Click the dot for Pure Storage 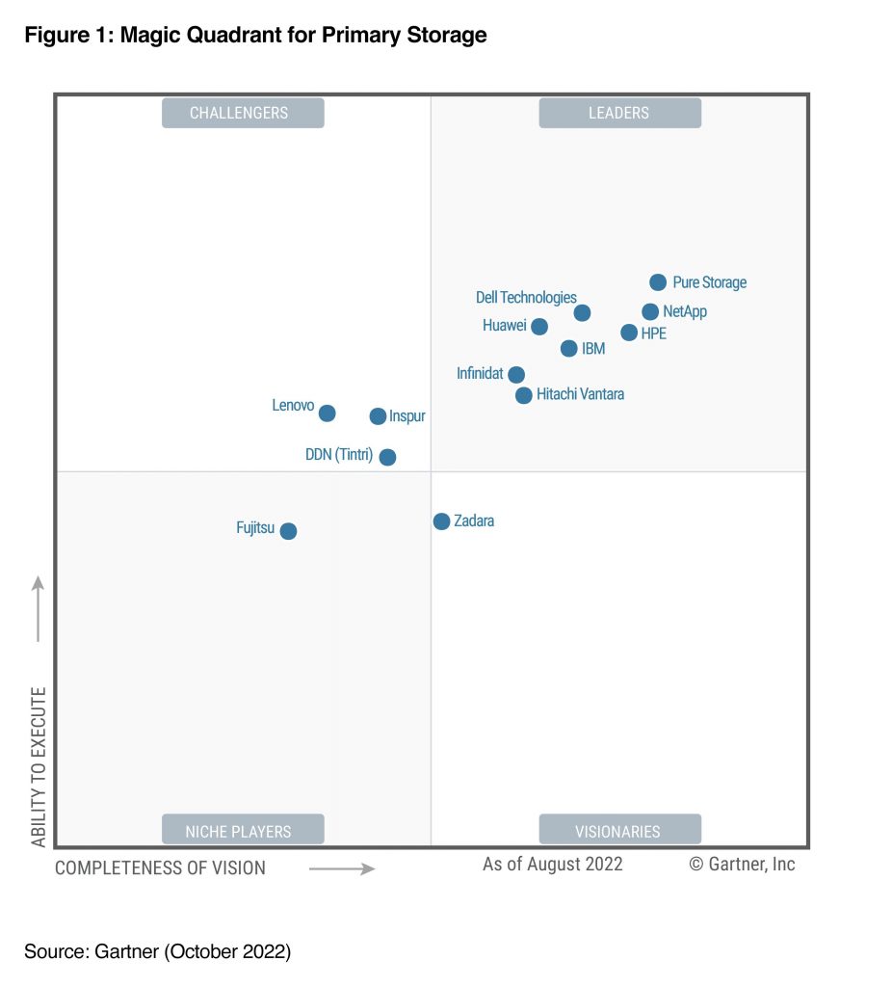[x=658, y=282]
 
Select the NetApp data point [x=650, y=311]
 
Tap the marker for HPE [x=629, y=333]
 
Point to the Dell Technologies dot [x=582, y=312]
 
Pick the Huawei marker [x=539, y=327]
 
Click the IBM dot [x=568, y=348]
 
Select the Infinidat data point [x=516, y=374]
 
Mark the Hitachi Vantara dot [x=523, y=395]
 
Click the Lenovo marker [x=327, y=413]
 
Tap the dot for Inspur [x=378, y=416]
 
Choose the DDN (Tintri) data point [x=387, y=457]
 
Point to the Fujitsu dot [x=288, y=530]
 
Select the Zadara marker [x=441, y=521]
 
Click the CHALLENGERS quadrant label [x=243, y=113]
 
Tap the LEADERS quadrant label [x=619, y=113]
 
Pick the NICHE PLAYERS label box [x=243, y=830]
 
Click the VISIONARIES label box [x=619, y=830]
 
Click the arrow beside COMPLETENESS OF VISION [x=342, y=868]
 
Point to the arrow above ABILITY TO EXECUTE [x=39, y=608]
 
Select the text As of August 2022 [x=552, y=864]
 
